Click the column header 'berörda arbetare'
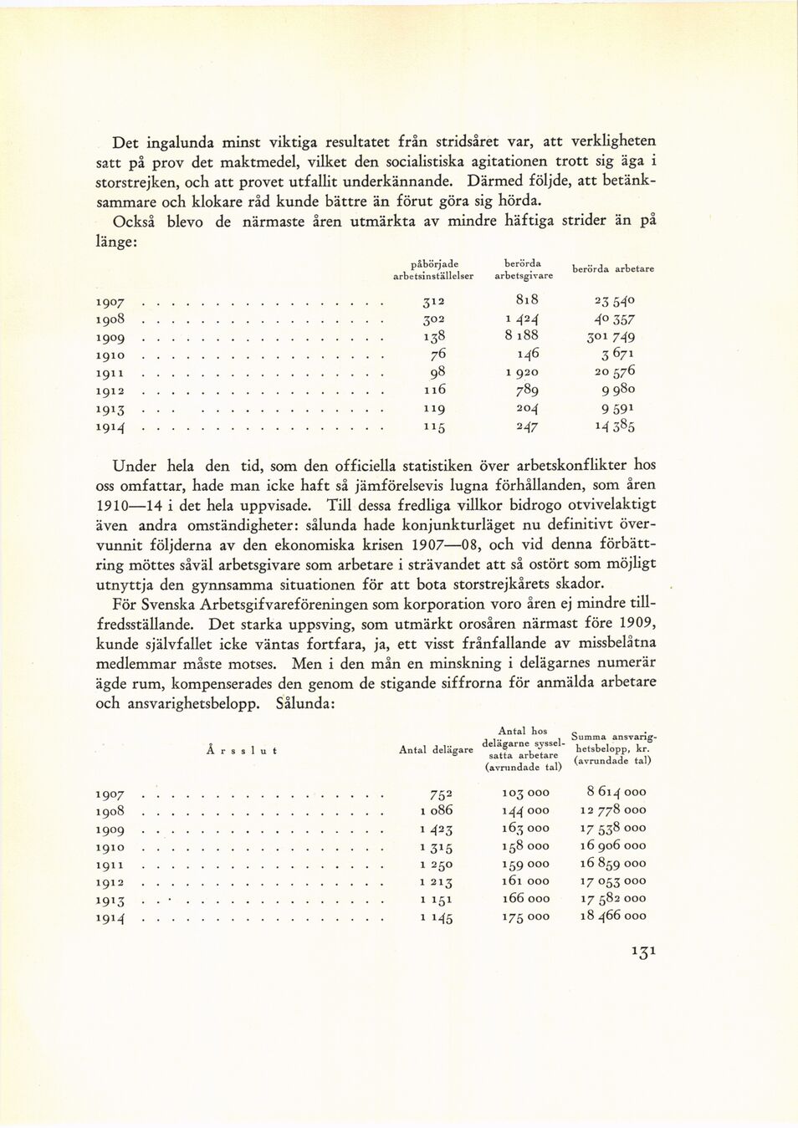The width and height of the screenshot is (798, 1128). (612, 269)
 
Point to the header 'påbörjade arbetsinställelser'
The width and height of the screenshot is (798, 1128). (432, 269)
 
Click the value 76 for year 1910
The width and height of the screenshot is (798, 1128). (437, 354)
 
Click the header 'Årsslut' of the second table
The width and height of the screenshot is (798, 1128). (241, 750)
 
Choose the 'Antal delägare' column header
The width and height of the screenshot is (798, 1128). (435, 750)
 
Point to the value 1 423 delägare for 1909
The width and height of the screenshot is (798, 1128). (436, 829)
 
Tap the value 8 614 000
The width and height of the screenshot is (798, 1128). (616, 792)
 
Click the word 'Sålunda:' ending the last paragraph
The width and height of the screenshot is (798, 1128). (305, 703)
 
